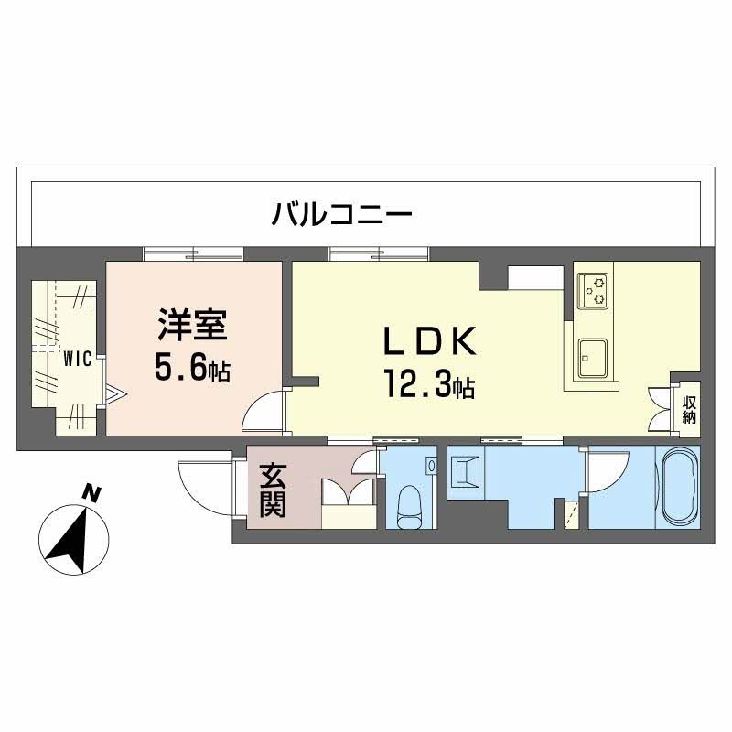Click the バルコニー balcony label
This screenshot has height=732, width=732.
tap(342, 214)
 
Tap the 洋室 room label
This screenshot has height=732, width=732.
tap(192, 325)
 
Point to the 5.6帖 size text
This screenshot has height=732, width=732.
tap(192, 368)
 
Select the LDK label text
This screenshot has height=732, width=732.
tap(429, 341)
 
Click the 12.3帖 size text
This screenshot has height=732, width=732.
tap(429, 383)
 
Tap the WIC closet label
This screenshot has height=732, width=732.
tap(78, 360)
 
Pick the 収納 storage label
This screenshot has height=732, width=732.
tap(690, 409)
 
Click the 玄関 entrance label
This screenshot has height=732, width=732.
tap(273, 490)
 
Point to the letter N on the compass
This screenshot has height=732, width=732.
tap(92, 493)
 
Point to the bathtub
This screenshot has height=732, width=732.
tap(678, 488)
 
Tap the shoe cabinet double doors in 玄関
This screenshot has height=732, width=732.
tap(349, 492)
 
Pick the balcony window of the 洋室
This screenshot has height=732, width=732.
tap(193, 253)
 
